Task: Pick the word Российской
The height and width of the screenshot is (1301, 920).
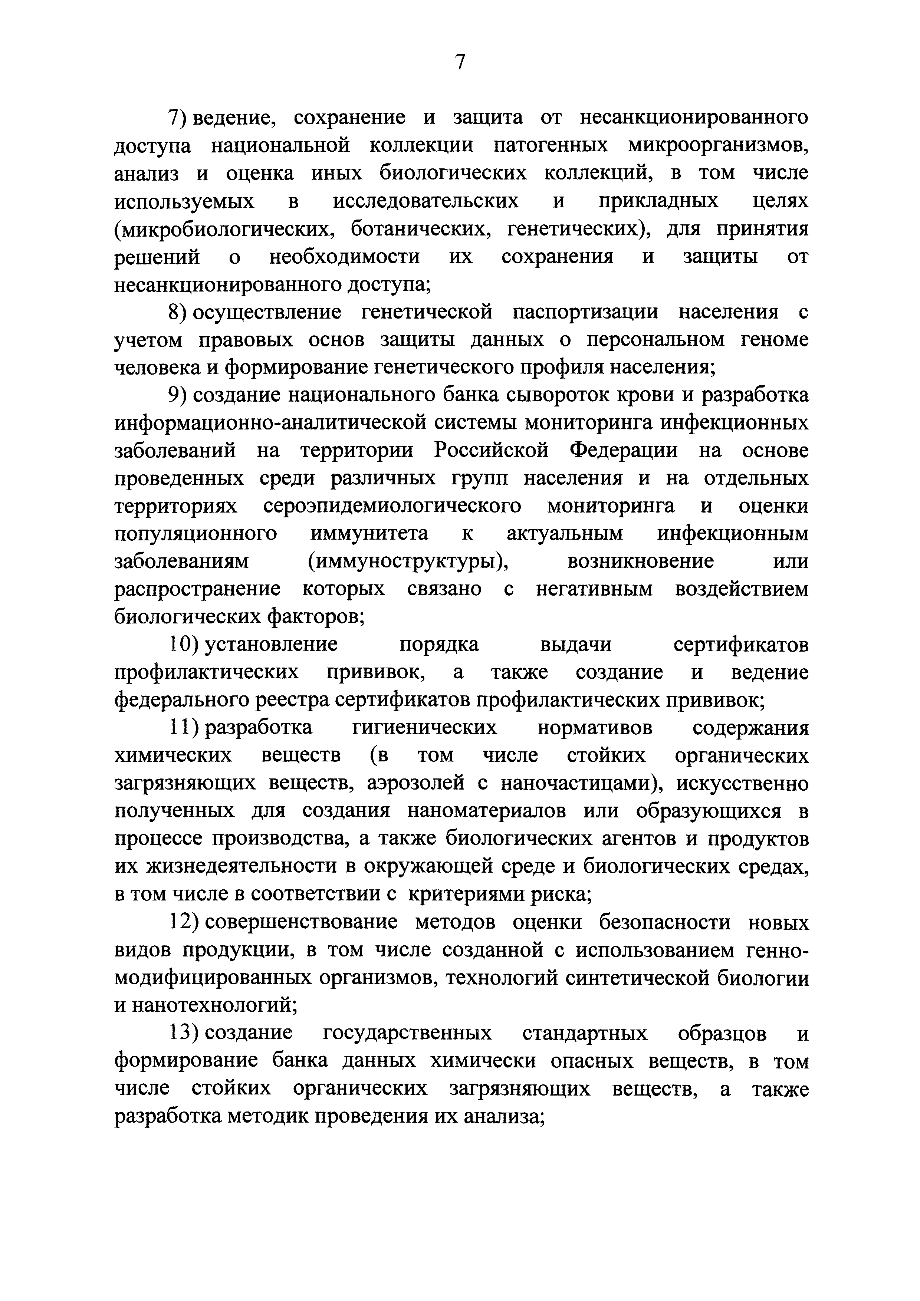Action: coord(492,451)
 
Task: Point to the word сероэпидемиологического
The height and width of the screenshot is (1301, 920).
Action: coord(392,506)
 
